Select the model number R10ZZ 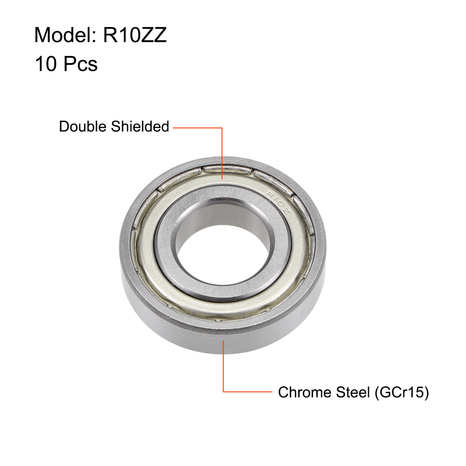point(135,35)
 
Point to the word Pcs point(80,64)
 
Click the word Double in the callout point(83,126)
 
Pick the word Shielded point(140,126)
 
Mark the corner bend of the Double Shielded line point(222,127)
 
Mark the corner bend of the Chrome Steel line point(223,391)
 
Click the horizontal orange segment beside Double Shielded point(197,127)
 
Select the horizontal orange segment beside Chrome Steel point(248,391)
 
